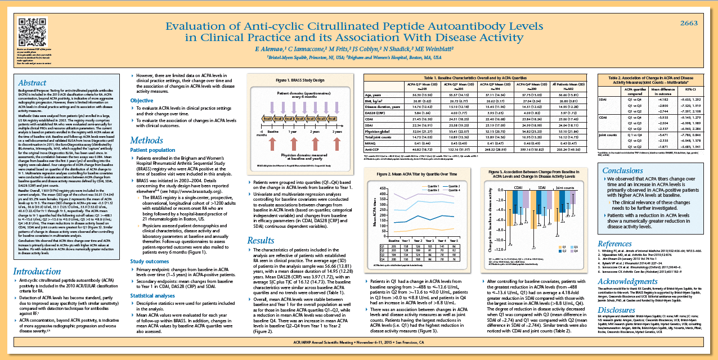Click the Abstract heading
(33, 83)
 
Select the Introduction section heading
(37, 272)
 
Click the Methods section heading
(147, 140)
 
